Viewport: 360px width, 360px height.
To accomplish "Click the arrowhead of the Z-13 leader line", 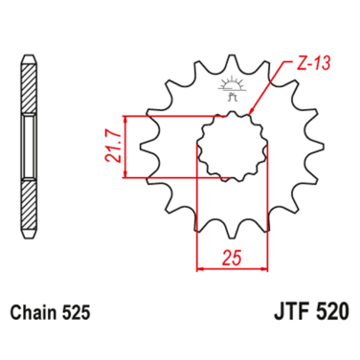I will click(250, 114).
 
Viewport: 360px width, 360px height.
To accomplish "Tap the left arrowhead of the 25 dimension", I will click(200, 268).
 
